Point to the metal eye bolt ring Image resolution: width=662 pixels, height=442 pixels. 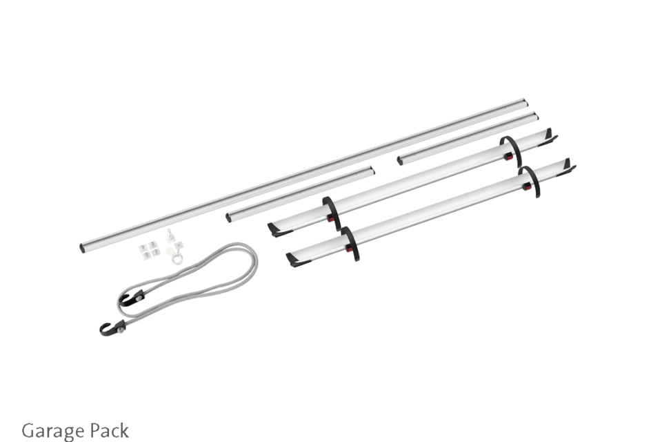click(x=177, y=258)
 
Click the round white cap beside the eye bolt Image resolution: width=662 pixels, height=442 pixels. click(x=172, y=251)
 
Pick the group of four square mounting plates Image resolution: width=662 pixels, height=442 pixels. click(x=150, y=250)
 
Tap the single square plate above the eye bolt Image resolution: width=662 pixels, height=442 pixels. click(x=179, y=244)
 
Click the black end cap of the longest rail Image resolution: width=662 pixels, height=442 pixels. click(x=82, y=248)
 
